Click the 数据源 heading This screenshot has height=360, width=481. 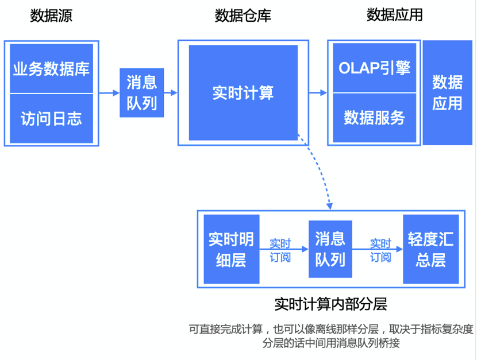point(51,16)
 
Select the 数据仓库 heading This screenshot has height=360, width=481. point(243,16)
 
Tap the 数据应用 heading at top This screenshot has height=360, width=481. point(394,16)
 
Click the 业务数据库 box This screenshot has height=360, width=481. point(51,69)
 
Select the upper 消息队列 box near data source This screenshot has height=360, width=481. point(141,92)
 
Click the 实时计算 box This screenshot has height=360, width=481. point(243,92)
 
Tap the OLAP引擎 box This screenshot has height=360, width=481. point(374,68)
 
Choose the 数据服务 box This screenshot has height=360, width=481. point(374,118)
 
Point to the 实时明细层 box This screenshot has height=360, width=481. point(231,249)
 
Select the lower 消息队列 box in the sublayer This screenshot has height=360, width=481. point(330,249)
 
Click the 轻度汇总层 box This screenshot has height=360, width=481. point(430,249)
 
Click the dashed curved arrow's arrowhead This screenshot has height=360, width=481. point(330,206)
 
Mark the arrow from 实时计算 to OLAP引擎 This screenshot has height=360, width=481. point(318,92)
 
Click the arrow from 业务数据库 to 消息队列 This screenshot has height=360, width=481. point(107,92)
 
